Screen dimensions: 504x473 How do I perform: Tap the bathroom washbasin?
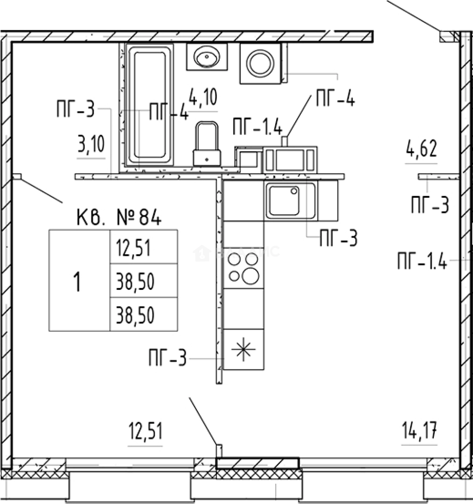point(207,58)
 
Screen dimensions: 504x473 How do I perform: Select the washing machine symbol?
point(260,64)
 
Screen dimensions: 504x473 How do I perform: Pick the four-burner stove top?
point(243,268)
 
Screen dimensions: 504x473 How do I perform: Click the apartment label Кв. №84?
point(118,217)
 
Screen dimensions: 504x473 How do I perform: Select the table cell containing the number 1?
point(79,281)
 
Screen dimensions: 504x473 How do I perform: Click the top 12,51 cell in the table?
point(132,247)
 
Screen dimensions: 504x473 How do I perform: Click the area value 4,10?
point(203,98)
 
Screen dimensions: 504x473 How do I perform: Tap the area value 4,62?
point(421,150)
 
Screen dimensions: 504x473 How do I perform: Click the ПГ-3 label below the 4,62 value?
point(430,205)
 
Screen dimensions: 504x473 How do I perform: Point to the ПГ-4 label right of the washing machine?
point(335,99)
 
